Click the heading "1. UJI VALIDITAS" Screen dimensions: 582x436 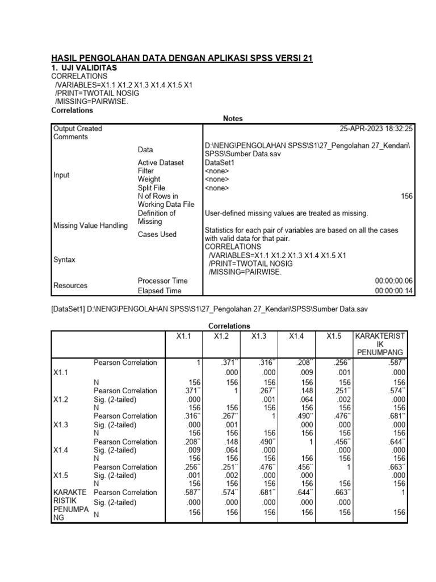click(x=84, y=68)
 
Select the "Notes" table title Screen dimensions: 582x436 click(x=233, y=119)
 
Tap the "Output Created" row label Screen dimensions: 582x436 click(x=78, y=129)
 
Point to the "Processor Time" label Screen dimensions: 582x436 click(x=162, y=281)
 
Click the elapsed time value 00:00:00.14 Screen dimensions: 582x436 click(x=395, y=291)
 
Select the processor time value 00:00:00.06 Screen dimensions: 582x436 click(x=395, y=281)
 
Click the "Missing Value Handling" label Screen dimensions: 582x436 click(x=90, y=226)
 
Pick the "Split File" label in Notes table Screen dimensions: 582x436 click(x=152, y=188)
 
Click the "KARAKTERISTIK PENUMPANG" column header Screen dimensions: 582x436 click(x=380, y=344)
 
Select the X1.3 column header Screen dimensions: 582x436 click(x=258, y=336)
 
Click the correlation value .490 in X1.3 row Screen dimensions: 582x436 click(x=296, y=416)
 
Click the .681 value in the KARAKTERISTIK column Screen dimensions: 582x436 click(x=395, y=416)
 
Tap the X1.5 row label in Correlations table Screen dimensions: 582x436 click(x=62, y=475)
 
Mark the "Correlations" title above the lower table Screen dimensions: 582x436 click(x=229, y=326)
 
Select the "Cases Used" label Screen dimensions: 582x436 click(x=157, y=234)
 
